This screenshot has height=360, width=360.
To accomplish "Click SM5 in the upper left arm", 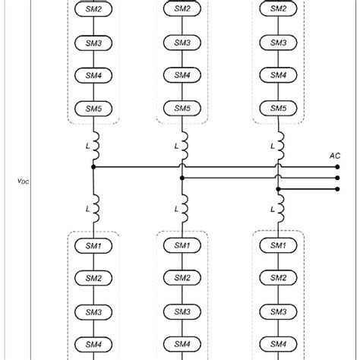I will [93, 109].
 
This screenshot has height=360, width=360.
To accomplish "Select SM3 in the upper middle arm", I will [182, 42].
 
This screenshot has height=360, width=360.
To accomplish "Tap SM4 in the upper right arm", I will [277, 75].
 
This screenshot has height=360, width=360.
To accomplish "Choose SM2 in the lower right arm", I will [277, 278].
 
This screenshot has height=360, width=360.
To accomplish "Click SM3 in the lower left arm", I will [93, 311].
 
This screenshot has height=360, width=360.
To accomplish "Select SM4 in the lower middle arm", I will [182, 345].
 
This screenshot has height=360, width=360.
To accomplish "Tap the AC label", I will [335, 155].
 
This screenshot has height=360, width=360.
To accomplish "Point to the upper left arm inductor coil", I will [94, 144].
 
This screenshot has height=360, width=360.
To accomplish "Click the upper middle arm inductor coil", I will [183, 144].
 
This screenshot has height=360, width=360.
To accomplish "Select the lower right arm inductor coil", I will [279, 207].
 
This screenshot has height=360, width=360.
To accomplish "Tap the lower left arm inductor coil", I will [94, 207].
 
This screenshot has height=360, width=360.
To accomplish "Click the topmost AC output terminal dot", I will [337, 166].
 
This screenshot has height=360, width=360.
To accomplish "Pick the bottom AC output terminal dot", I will [337, 188].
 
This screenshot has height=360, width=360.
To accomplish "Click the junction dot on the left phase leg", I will [93, 166].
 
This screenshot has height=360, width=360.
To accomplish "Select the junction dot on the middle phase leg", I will [182, 178].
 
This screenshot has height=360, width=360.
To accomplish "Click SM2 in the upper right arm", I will [277, 8].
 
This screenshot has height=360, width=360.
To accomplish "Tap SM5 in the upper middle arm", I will [182, 109].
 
